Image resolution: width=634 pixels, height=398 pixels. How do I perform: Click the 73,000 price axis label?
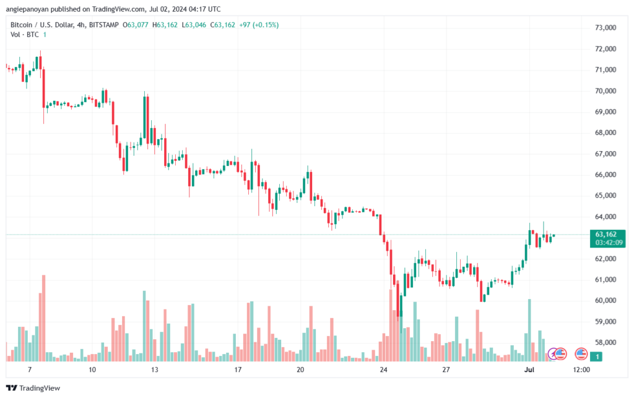pos(606,28)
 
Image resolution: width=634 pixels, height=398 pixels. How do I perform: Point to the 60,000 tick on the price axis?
pos(606,301)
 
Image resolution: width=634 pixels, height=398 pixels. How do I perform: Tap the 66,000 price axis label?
pos(606,175)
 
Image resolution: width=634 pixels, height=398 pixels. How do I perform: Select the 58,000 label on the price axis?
pos(606,343)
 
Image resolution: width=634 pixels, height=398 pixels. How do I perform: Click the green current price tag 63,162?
pos(606,235)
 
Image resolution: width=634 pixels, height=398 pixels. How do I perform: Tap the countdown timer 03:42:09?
pos(609,243)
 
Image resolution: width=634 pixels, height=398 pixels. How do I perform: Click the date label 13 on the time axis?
pos(154,370)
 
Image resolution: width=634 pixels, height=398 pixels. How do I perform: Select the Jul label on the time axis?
pos(529,370)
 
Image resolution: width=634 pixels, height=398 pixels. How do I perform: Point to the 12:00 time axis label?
pos(581,370)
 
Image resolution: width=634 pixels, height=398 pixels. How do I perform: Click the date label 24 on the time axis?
pos(383,370)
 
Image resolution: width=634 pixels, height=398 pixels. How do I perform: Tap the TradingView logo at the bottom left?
pos(33,388)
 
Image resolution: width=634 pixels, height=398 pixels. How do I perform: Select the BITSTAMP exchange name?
pos(103,25)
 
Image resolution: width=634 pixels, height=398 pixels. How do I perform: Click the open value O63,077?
pos(136,25)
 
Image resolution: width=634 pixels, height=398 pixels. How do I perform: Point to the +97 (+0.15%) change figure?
pos(259,25)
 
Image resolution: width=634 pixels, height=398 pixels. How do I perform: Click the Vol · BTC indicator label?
pos(25,35)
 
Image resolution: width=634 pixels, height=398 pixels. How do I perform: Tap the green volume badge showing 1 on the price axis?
pos(596,357)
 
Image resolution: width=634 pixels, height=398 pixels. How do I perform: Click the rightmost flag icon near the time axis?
pos(581,354)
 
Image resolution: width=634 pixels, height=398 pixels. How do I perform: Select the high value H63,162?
pos(165,25)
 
